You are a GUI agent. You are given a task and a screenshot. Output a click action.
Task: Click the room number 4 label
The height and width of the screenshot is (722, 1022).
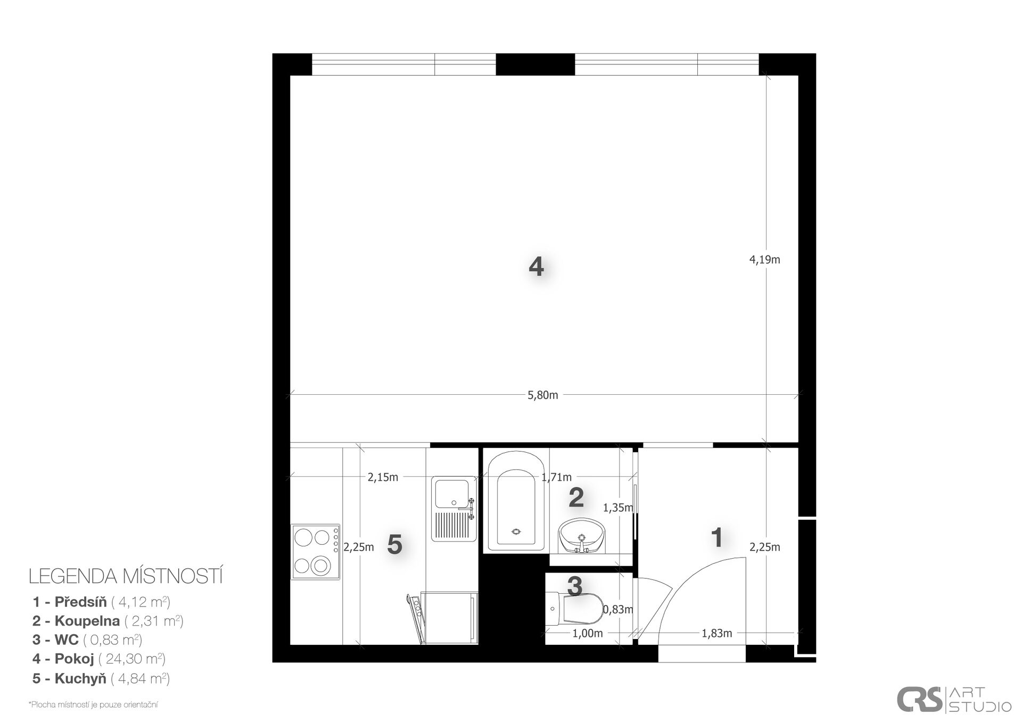(x=536, y=267)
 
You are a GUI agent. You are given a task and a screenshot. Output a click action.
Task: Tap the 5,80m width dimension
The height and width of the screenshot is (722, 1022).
(x=542, y=395)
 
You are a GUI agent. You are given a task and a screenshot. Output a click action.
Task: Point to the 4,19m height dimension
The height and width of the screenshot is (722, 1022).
(x=764, y=260)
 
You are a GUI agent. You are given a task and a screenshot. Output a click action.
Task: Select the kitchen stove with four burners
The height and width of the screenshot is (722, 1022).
(x=315, y=552)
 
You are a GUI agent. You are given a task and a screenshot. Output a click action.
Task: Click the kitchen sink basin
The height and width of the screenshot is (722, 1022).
(x=452, y=494)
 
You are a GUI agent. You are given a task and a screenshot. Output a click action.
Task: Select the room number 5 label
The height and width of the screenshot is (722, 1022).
(x=394, y=544)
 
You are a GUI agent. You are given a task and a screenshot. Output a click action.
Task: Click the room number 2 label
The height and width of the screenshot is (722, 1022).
(x=576, y=497)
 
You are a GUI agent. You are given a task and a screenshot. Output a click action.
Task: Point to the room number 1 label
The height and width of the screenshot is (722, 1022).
(x=717, y=538)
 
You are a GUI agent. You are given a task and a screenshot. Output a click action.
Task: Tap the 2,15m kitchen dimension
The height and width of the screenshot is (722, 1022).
(x=383, y=477)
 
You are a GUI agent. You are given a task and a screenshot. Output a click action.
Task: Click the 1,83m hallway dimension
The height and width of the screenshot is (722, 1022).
(x=716, y=633)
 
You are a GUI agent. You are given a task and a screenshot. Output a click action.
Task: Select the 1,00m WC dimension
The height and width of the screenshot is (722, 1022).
(x=587, y=633)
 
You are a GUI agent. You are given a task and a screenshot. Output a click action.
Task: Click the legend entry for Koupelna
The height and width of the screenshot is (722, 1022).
(x=108, y=621)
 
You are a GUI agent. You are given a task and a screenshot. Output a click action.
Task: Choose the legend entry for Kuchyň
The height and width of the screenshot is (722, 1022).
(x=101, y=678)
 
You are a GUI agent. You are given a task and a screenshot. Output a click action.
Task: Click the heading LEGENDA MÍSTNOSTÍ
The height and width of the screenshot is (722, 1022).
(x=126, y=576)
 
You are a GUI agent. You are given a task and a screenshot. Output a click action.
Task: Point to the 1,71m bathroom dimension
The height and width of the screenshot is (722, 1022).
(x=556, y=477)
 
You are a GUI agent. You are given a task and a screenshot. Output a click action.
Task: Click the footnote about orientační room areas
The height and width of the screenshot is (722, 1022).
(x=93, y=705)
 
